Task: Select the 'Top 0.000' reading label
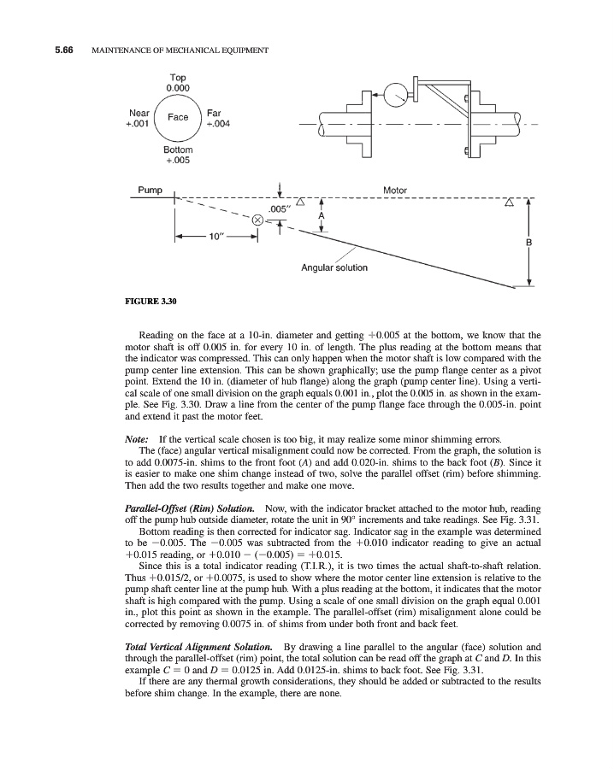click(178, 82)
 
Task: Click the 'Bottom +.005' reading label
click(178, 155)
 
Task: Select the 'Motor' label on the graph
click(395, 190)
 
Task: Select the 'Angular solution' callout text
click(334, 267)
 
